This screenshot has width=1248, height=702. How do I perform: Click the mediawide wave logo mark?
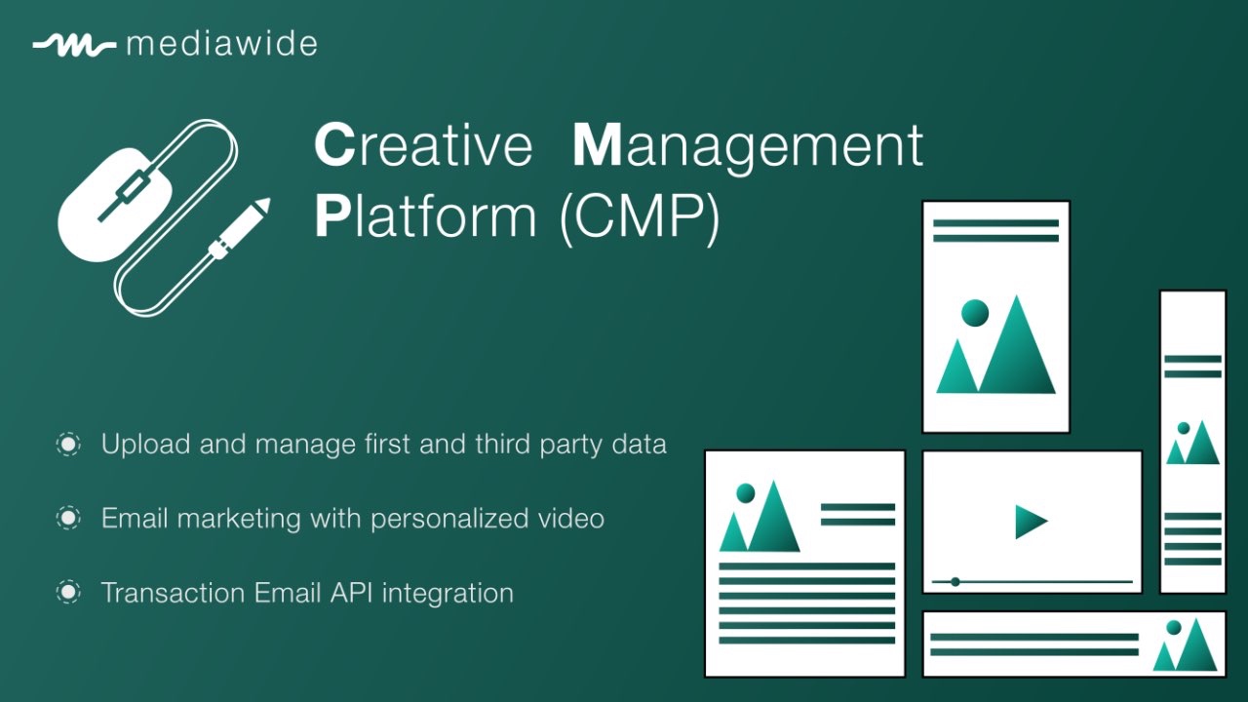point(74,45)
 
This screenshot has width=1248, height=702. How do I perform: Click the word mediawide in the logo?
point(221,44)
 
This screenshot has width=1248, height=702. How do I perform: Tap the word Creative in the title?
point(423,145)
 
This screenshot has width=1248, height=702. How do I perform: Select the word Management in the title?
point(747,145)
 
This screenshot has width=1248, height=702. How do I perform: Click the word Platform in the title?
point(425,217)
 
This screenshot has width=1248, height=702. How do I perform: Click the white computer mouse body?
point(102,201)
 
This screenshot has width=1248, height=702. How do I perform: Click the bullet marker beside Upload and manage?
point(68,445)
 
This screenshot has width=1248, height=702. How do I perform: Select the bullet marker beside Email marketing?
point(68,519)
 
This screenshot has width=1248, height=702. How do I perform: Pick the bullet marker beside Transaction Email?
point(68,592)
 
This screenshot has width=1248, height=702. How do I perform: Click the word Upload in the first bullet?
point(146,446)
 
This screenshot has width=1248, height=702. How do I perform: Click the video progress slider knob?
point(955,582)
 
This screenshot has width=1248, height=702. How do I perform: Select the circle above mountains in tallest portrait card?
point(975,313)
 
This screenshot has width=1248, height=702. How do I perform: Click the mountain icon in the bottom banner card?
point(1186,646)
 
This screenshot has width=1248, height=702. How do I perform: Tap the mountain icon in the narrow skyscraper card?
point(1192,444)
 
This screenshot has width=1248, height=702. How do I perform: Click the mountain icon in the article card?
point(760,518)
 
